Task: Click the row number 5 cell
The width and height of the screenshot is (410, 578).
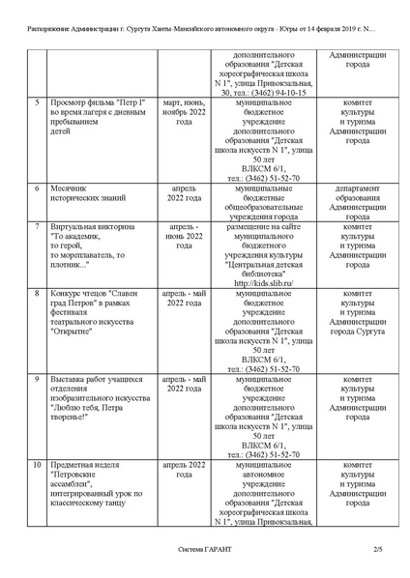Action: tap(36, 101)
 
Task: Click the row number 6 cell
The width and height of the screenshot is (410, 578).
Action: tap(36, 188)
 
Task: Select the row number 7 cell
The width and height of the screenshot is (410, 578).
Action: tap(36, 226)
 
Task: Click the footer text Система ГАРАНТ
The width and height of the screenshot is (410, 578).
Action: tap(204, 550)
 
